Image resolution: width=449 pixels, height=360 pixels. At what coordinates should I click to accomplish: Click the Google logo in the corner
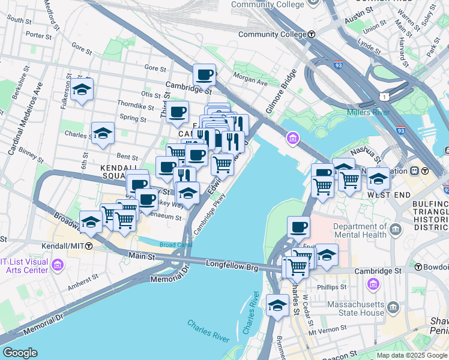[x=19, y=353]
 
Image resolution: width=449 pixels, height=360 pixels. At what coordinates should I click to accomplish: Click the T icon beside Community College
[x=312, y=34]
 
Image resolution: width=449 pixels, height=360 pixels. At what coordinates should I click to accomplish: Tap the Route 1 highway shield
[x=382, y=97]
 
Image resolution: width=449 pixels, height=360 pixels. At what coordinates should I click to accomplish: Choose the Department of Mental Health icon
[x=396, y=230]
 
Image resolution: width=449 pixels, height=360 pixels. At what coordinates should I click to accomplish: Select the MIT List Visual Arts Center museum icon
[x=58, y=265]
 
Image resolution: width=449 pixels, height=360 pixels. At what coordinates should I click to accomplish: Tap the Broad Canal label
[x=175, y=245]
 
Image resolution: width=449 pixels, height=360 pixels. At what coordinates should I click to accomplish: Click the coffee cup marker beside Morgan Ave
[x=205, y=75]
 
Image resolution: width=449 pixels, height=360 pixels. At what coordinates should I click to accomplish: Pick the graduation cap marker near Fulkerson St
[x=82, y=90]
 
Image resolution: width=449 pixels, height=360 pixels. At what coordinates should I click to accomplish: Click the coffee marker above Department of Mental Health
[x=298, y=227]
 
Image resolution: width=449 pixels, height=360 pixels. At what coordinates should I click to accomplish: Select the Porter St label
[x=39, y=35]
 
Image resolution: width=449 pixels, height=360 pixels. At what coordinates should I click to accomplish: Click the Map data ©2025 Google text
[x=411, y=355]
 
